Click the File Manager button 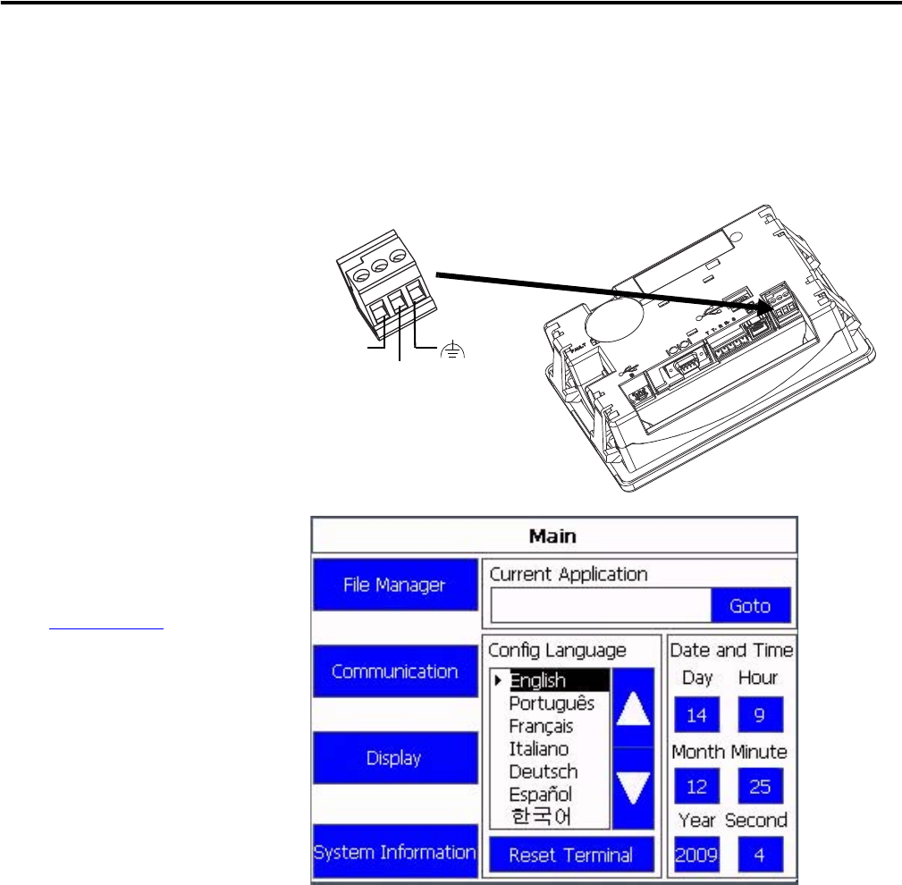[395, 585]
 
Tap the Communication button [395, 671]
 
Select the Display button [395, 757]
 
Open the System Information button [395, 852]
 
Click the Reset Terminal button [571, 855]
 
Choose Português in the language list [552, 704]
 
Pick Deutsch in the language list [543, 771]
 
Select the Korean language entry [541, 816]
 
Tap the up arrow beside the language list [633, 708]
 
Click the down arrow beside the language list [633, 788]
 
